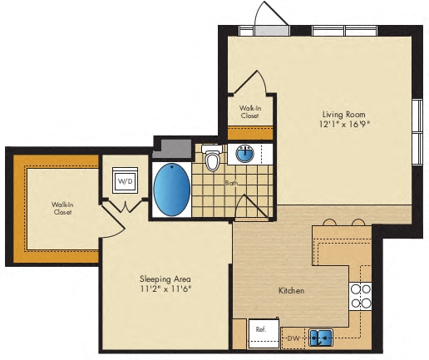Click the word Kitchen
[x=291, y=291]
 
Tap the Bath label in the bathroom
[x=230, y=181]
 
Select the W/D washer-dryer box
[x=125, y=180]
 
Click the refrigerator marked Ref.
[x=260, y=331]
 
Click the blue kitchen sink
[x=321, y=338]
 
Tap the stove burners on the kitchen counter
[x=360, y=296]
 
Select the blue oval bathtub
[x=172, y=190]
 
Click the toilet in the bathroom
[x=213, y=159]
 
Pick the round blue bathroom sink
[x=245, y=153]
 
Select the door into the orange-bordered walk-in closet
[x=106, y=221]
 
